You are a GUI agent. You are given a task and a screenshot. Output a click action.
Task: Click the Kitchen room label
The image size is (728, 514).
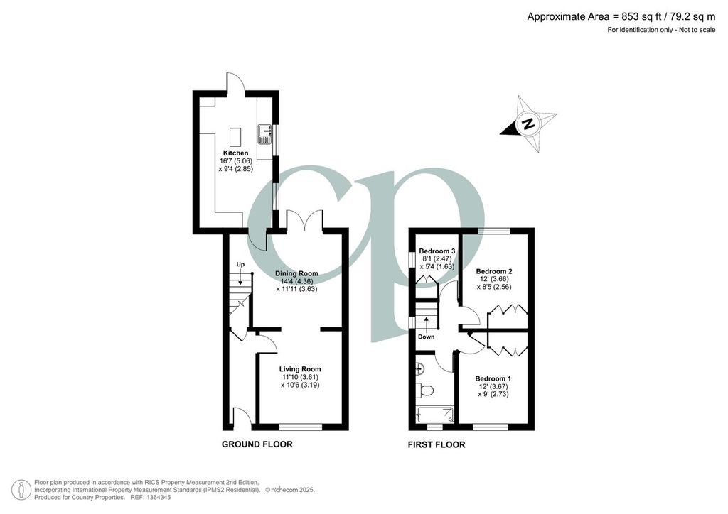[x=236, y=153]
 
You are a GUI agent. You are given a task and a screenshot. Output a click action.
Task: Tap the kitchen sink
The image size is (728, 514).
[x=264, y=134]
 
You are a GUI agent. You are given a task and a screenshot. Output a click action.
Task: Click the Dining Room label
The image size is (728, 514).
[x=296, y=273]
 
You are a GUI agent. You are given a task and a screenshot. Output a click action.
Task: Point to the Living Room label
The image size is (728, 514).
[x=300, y=369]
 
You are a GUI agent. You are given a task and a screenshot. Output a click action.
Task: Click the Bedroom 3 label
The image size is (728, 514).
[x=437, y=251]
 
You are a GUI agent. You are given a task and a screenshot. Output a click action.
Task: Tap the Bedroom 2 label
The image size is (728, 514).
[x=494, y=271]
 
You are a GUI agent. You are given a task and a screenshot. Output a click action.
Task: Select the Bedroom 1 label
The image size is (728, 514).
[x=493, y=378]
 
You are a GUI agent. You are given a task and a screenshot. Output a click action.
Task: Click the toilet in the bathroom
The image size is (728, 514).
[x=424, y=390]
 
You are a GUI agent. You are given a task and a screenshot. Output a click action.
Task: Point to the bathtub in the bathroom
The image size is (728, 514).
[x=434, y=414]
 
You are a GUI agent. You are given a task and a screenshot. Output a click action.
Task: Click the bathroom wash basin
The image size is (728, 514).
[x=419, y=368]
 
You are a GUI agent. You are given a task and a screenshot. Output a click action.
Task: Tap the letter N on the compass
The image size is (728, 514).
[x=528, y=124]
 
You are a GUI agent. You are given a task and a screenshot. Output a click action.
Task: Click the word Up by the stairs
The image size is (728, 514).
[x=240, y=265]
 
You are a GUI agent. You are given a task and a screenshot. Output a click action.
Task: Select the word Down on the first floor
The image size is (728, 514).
[x=427, y=337]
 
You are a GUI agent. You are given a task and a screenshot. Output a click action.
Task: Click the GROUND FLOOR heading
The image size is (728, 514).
[x=257, y=444]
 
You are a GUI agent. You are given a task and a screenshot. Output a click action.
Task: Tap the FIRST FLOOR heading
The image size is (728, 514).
[x=437, y=445]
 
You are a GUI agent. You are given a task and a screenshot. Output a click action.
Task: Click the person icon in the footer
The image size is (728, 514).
[x=21, y=490]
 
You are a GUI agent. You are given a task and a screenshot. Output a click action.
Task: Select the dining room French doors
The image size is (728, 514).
[x=304, y=220]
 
